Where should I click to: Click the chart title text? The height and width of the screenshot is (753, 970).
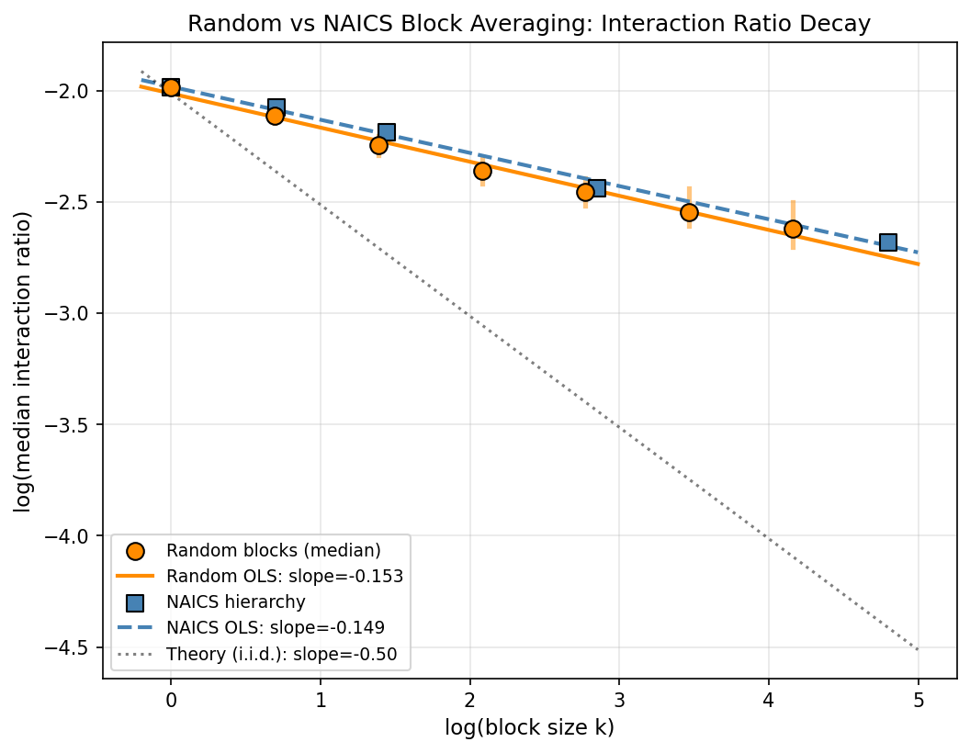529,25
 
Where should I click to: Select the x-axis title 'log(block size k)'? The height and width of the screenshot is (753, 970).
529,728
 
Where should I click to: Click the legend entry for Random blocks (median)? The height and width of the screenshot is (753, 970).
273,551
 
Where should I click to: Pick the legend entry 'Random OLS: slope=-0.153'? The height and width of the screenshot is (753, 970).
285,577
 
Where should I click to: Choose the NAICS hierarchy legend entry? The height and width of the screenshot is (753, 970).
236,602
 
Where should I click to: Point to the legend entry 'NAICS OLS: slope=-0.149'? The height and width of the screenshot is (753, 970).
276,628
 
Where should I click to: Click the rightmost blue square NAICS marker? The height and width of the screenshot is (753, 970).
887,242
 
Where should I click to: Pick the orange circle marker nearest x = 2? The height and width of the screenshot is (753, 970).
482,171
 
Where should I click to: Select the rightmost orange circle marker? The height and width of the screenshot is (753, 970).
793,229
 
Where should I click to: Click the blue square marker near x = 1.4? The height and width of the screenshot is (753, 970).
387,132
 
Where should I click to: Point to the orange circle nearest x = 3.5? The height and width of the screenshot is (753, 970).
689,212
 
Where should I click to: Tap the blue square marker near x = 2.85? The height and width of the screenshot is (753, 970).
597,188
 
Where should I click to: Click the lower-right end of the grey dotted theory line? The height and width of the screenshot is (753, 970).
918,649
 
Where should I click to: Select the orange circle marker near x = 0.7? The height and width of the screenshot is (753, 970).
275,116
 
